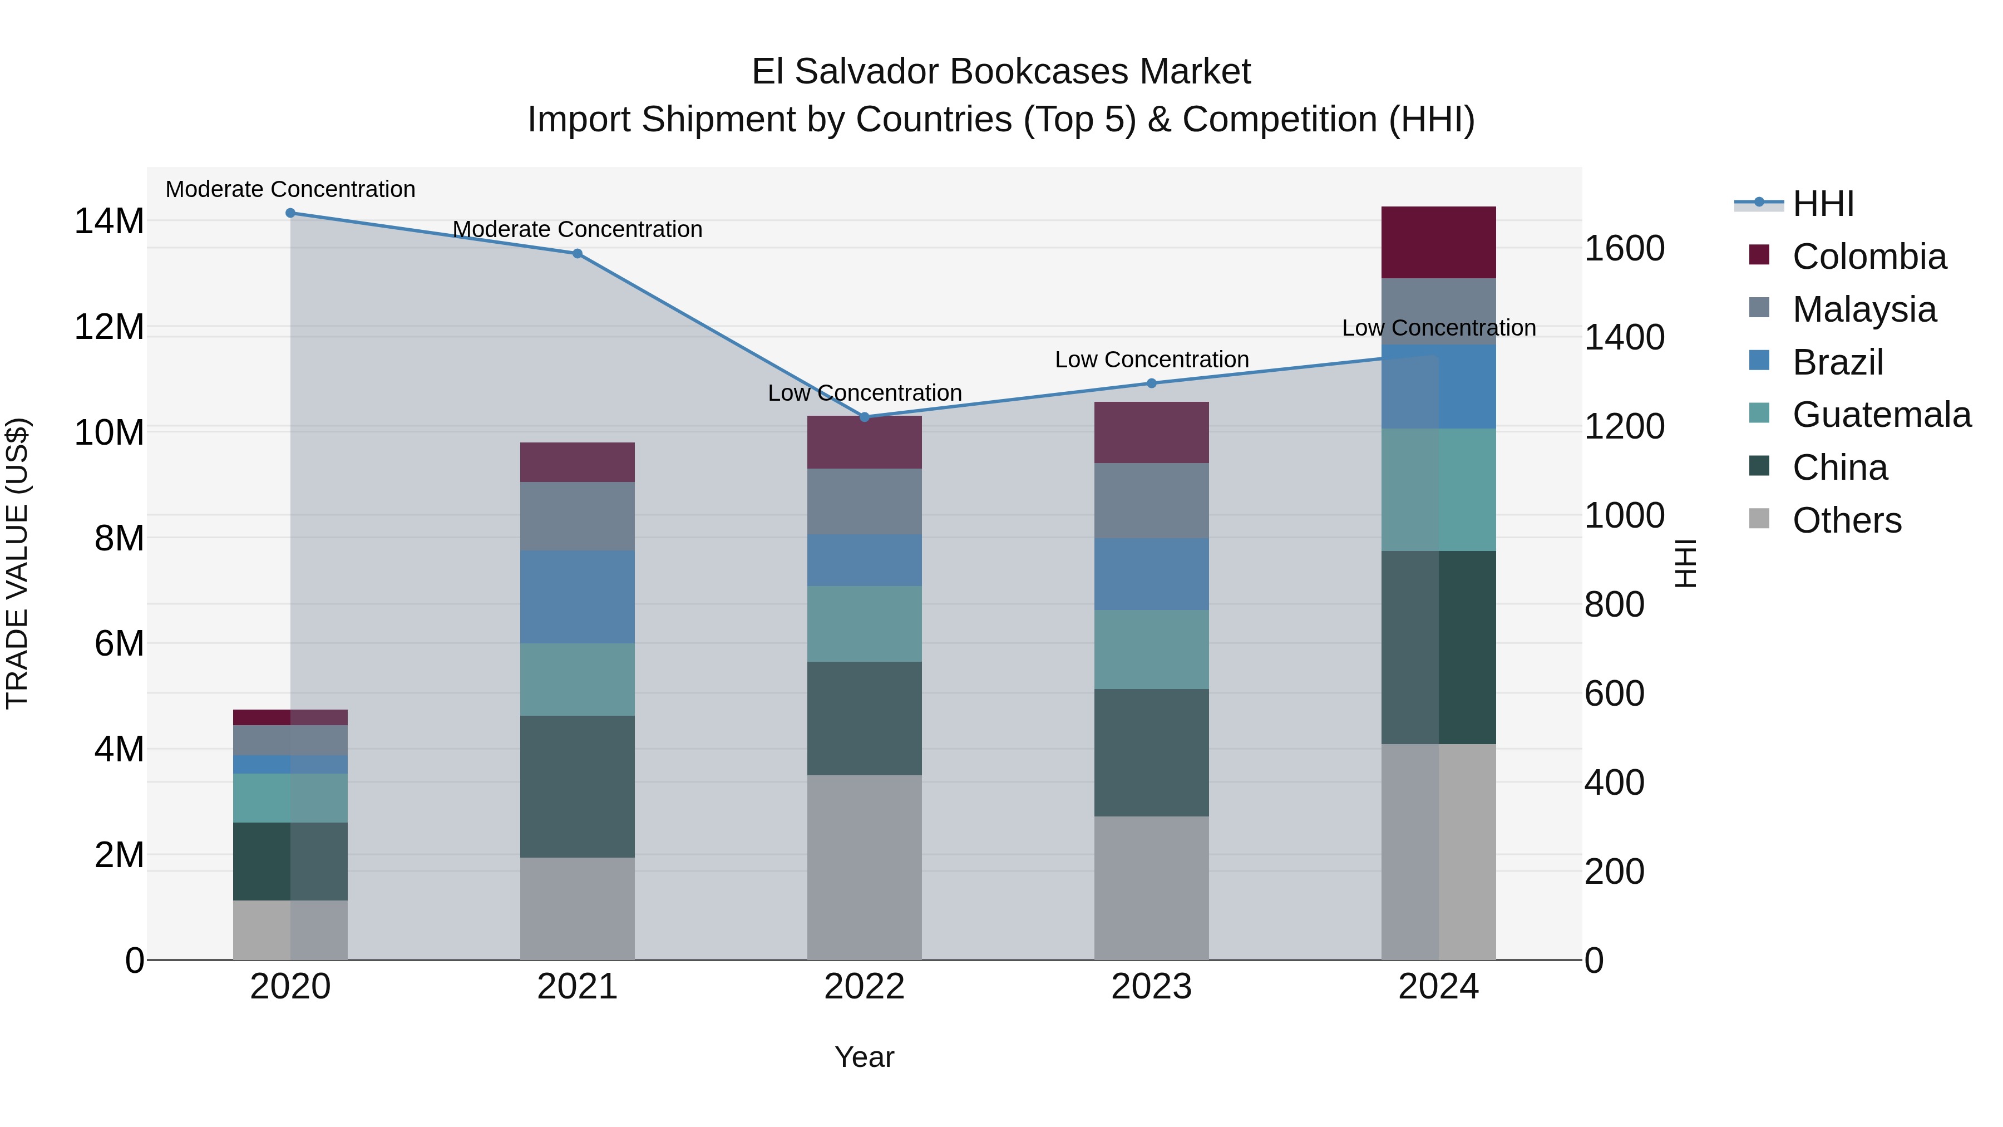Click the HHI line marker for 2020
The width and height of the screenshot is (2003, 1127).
290,213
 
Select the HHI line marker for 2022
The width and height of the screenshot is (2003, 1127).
864,417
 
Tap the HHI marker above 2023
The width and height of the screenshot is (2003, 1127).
1152,383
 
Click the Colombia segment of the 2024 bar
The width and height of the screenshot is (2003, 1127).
1438,243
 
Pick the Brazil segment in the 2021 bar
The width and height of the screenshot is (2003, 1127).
577,597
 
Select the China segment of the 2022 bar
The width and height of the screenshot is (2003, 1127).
864,718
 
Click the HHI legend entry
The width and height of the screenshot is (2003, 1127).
1823,204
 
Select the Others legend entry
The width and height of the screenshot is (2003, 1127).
1846,520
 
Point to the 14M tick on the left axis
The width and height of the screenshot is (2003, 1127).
109,222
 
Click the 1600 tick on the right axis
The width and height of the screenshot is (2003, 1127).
1624,249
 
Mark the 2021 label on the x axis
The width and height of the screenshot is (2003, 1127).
577,987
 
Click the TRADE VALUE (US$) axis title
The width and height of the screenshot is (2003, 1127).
17,563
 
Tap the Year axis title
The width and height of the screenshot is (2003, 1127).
864,1057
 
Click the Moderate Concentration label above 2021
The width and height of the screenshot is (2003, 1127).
577,229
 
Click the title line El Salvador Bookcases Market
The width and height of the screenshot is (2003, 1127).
1001,72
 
